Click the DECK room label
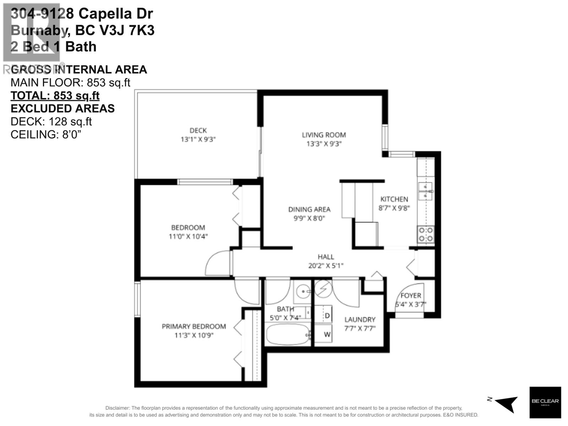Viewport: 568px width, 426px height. coord(198,131)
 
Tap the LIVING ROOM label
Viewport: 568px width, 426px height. coord(324,135)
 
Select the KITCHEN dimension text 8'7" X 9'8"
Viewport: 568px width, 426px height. coord(394,208)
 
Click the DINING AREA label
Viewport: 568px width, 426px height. coord(309,209)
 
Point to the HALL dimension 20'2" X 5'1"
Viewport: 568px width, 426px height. coord(326,266)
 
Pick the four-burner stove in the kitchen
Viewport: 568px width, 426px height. coord(426,234)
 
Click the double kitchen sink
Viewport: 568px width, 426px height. coord(425,191)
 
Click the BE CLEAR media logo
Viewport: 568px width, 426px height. coord(545,402)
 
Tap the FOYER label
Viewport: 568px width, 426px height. coord(411,295)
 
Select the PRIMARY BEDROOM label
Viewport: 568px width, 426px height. coord(193,326)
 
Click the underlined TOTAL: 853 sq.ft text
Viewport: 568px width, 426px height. coord(55,95)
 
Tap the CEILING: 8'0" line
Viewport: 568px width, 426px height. coord(46,135)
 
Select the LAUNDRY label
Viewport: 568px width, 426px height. coord(360,319)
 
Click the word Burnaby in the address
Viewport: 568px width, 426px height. coord(39,31)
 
